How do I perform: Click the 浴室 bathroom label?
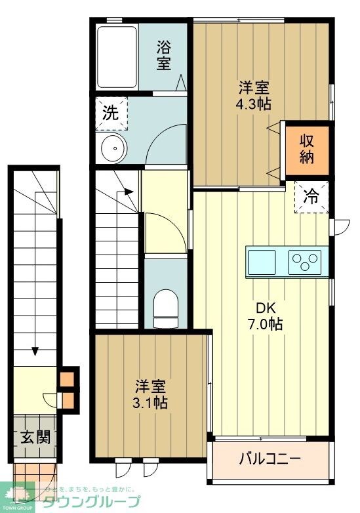tap(164, 55)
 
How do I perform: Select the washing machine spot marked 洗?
tap(110, 112)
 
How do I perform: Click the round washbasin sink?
tap(113, 149)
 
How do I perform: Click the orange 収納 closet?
tap(307, 149)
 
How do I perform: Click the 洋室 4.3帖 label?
tap(254, 96)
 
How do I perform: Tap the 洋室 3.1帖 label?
tap(151, 394)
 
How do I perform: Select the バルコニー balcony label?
tap(270, 457)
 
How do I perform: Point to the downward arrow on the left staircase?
tap(34, 350)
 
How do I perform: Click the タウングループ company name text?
tap(91, 502)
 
